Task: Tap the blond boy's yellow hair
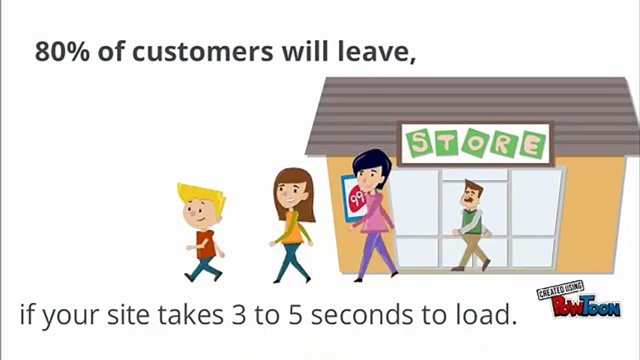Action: [202, 192]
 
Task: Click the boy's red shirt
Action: [205, 244]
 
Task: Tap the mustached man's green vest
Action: [471, 221]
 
